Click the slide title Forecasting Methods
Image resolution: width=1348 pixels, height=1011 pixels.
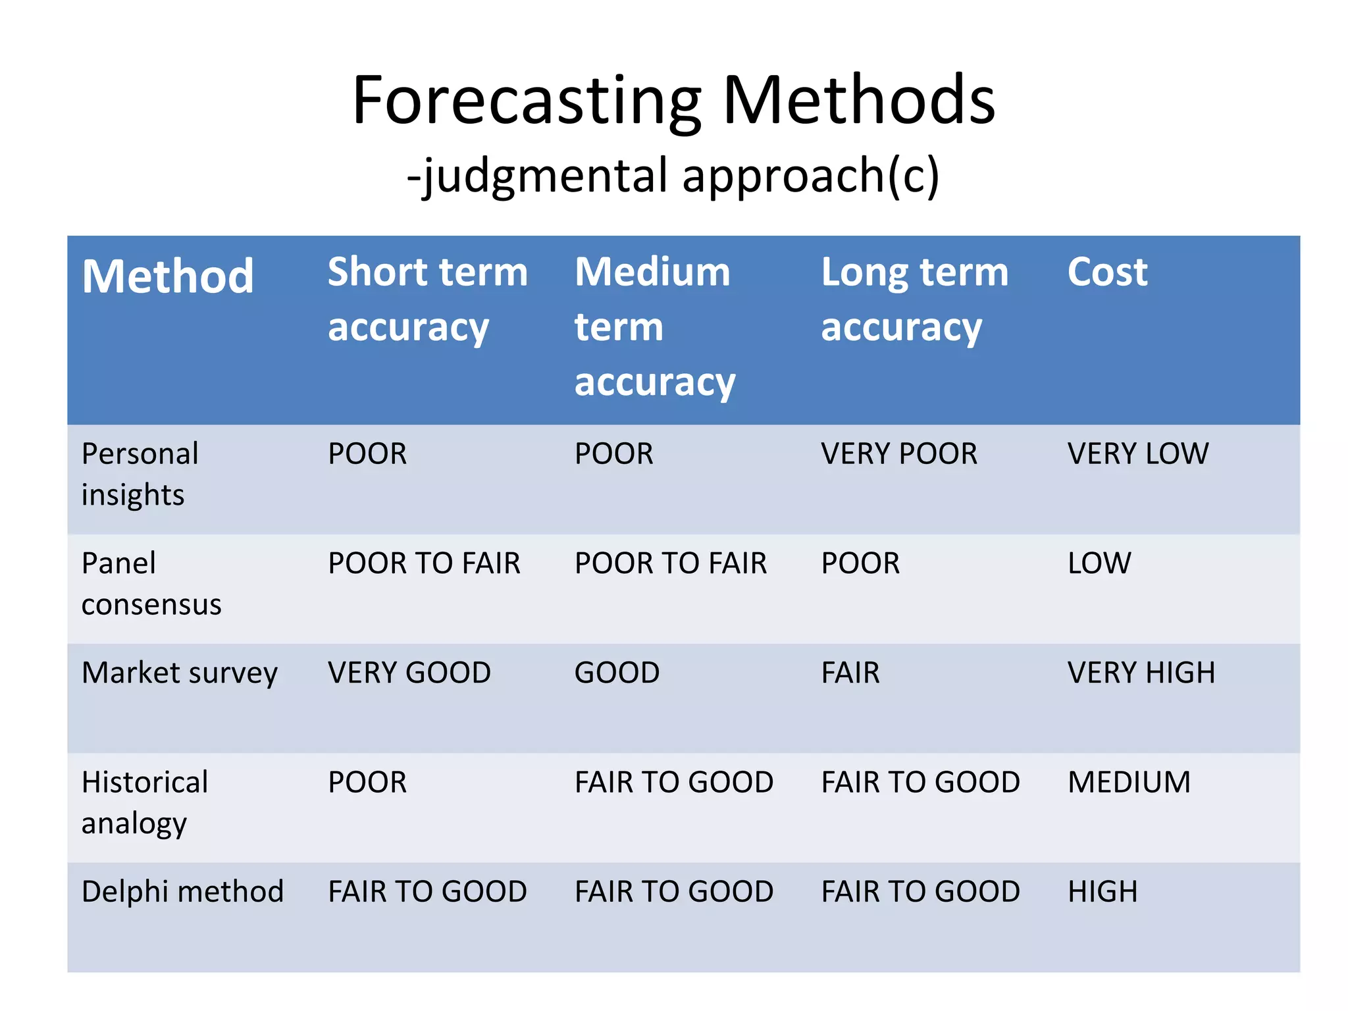click(x=673, y=100)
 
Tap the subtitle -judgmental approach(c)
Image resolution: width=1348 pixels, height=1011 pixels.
click(x=673, y=176)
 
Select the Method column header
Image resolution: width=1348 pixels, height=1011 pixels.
click(x=168, y=276)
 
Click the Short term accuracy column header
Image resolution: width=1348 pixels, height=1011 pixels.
click(x=428, y=299)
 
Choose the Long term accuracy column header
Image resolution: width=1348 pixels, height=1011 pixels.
click(x=914, y=299)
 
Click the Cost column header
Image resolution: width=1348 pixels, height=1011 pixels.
click(x=1108, y=272)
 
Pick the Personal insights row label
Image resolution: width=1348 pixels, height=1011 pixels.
click(x=140, y=474)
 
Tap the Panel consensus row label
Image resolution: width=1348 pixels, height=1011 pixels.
click(x=151, y=583)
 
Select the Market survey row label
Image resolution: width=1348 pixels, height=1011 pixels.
click(x=180, y=673)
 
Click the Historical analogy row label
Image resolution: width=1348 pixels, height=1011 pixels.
click(x=145, y=802)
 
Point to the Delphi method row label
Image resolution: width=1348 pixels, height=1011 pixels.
click(x=182, y=892)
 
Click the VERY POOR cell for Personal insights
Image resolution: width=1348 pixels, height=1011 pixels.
click(x=899, y=454)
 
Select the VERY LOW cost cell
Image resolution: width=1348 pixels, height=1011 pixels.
click(x=1138, y=454)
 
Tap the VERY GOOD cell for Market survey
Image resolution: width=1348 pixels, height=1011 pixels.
click(x=409, y=673)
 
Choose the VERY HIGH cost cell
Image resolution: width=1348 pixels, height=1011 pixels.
click(x=1141, y=673)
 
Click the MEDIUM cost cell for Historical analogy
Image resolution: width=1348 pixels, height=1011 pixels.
click(x=1129, y=783)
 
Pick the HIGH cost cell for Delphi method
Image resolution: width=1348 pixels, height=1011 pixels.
click(x=1102, y=892)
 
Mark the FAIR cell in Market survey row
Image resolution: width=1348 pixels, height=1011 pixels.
click(x=850, y=673)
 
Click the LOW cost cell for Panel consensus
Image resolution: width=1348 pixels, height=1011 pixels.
click(x=1099, y=563)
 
